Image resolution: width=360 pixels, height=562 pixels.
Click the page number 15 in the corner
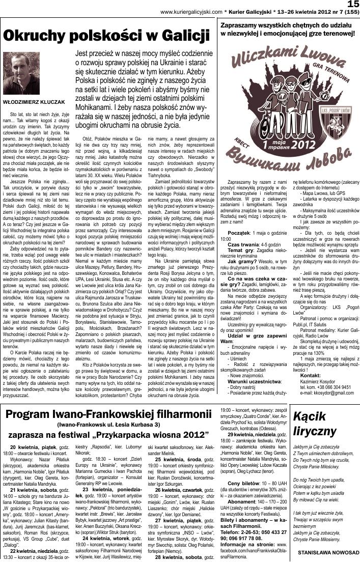(x=352, y=5)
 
